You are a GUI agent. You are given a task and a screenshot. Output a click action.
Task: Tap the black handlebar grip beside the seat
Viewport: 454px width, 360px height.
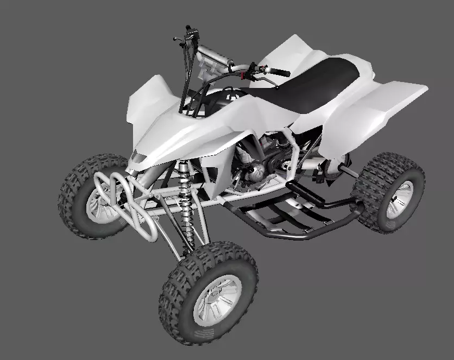(280, 72)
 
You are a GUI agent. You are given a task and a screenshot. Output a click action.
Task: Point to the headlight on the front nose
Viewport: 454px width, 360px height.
(138, 158)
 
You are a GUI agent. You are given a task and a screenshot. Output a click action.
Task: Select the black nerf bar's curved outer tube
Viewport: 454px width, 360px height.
(304, 235)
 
